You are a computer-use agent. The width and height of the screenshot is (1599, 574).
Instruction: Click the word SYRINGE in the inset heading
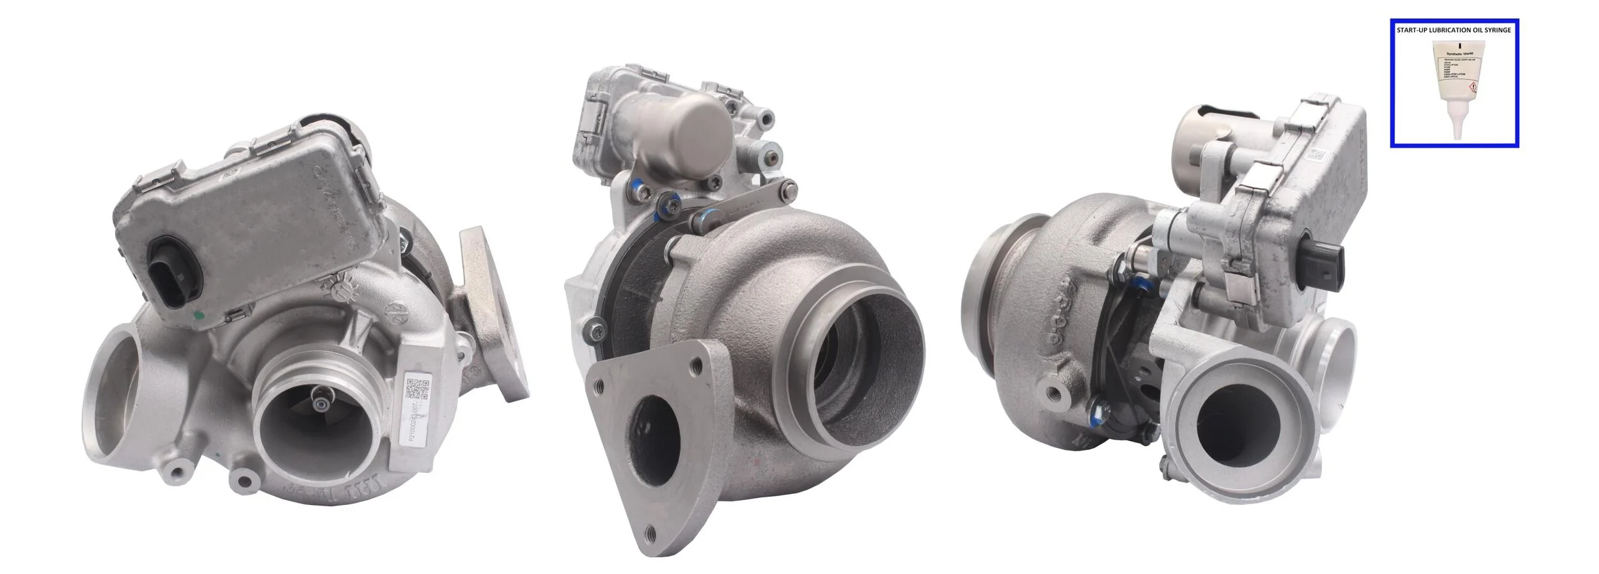[1497, 30]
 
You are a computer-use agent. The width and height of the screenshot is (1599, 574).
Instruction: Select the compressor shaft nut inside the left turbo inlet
[319, 402]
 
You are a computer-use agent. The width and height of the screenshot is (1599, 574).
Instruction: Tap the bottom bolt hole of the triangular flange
[650, 548]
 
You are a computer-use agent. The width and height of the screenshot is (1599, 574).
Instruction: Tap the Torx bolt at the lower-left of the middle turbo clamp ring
[597, 330]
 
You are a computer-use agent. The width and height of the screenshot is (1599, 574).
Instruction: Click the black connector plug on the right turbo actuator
[1331, 270]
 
